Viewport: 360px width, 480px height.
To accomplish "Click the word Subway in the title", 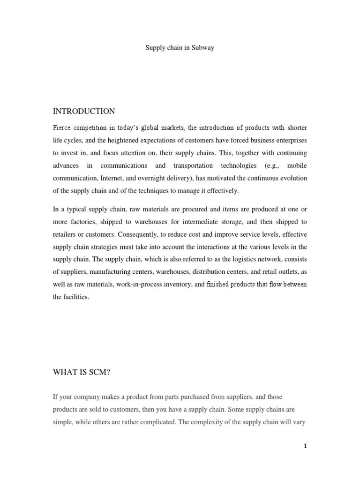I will [203, 48].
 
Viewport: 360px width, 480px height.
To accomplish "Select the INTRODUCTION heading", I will [84, 111].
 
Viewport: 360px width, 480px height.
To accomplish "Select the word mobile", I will [297, 166].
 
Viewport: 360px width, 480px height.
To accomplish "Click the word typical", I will [77, 209].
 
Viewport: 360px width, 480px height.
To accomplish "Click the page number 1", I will [305, 446].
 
